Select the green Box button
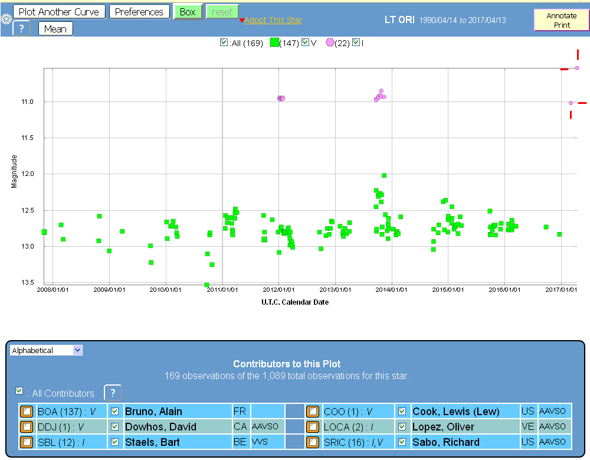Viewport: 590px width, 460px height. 188,12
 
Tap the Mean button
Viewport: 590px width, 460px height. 55,28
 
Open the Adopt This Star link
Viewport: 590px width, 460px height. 273,20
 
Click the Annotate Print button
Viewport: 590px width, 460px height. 561,20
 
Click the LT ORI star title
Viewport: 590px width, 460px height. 398,19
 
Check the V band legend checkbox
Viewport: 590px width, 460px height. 305,43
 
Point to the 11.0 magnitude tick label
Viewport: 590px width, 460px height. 27,102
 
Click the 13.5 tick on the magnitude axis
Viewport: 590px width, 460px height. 27,283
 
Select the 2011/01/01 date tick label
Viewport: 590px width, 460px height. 222,290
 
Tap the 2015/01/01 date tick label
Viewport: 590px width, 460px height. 448,290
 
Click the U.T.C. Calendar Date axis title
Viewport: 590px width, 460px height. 295,302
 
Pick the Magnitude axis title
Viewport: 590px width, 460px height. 14,171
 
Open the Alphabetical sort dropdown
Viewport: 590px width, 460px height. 46,350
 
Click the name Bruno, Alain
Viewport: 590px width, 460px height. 153,412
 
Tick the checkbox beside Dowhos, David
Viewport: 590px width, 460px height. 115,426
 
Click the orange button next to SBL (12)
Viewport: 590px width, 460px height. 27,442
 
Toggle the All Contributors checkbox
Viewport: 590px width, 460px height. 19,391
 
